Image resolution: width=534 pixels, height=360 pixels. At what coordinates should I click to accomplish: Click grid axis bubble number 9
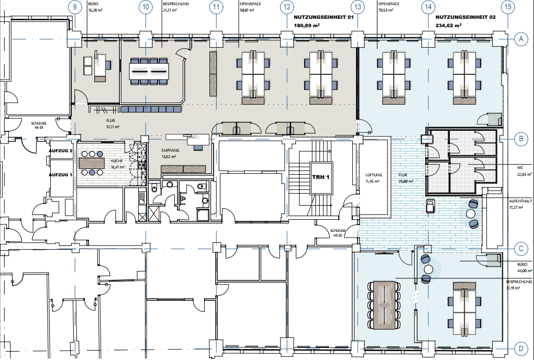(x=75, y=6)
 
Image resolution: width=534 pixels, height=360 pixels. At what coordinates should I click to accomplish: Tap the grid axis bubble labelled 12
(x=287, y=6)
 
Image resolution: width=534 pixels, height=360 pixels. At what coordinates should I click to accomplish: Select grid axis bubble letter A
(x=521, y=39)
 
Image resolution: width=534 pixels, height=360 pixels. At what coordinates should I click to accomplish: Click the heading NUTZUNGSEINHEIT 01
(x=324, y=17)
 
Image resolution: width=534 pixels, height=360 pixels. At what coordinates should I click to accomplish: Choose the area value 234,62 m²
(x=449, y=25)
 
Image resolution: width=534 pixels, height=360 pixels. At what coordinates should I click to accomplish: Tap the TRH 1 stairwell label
(x=320, y=177)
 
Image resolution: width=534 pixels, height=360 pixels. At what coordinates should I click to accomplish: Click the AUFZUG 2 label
(x=60, y=151)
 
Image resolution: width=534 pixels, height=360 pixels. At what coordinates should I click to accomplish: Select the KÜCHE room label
(x=116, y=161)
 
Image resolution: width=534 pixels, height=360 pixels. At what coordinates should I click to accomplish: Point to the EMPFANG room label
(x=170, y=150)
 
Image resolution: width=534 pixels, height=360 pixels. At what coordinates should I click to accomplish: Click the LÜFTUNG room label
(x=374, y=175)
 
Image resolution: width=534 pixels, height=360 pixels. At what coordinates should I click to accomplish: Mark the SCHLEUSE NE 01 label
(x=39, y=125)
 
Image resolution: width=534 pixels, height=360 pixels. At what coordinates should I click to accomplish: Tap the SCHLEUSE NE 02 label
(x=338, y=233)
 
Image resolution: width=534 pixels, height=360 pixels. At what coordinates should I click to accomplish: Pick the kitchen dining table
(x=92, y=163)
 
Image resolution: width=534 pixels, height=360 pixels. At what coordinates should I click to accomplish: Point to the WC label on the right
(x=520, y=168)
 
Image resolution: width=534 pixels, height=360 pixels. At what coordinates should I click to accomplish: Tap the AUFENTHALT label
(x=520, y=201)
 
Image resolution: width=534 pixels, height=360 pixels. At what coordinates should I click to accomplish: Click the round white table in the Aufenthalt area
(x=471, y=213)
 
